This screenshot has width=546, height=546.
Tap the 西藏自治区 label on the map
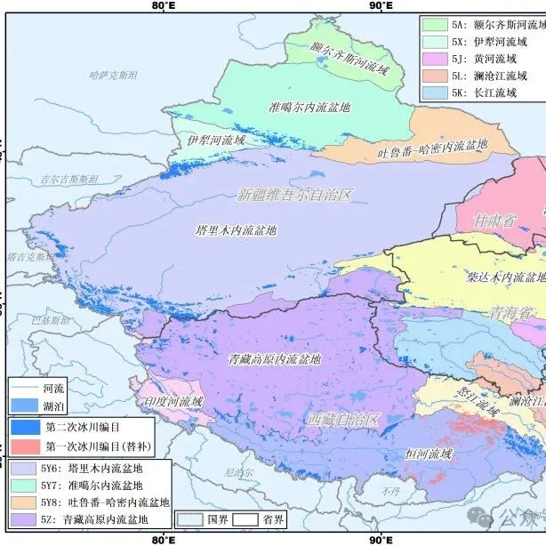tap(343, 419)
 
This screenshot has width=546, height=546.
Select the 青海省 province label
tap(511, 312)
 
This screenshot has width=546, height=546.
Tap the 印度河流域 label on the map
tap(173, 401)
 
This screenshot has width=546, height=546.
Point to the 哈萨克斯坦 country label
tap(115, 76)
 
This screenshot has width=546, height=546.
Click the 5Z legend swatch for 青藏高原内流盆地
tap(25, 519)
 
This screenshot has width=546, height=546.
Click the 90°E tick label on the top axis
tap(381, 6)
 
